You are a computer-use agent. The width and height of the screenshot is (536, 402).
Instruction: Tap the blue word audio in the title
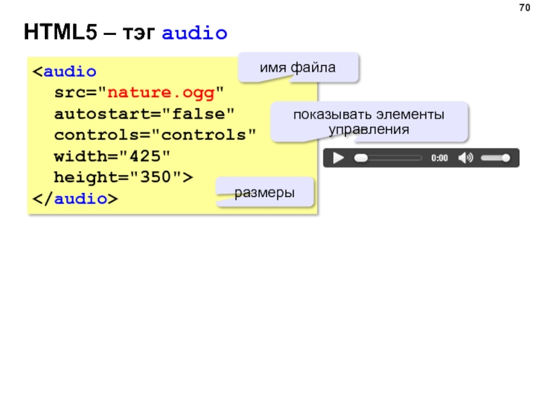[195, 32]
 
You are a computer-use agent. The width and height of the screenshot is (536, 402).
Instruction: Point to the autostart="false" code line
[145, 113]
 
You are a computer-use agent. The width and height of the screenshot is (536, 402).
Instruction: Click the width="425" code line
[112, 156]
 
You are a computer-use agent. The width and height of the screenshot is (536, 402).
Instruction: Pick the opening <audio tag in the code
[65, 70]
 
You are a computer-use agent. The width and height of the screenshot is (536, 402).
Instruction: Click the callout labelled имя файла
[298, 68]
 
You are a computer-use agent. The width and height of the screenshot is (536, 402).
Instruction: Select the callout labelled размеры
[265, 192]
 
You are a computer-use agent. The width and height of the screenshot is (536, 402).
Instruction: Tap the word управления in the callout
[369, 128]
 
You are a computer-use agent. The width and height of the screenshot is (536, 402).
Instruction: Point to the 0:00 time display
[440, 159]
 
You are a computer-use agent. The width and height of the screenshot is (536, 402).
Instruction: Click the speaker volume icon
[465, 158]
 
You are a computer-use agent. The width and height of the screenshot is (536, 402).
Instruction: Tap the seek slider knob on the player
[361, 158]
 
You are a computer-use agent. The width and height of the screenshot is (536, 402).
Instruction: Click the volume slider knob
[507, 158]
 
